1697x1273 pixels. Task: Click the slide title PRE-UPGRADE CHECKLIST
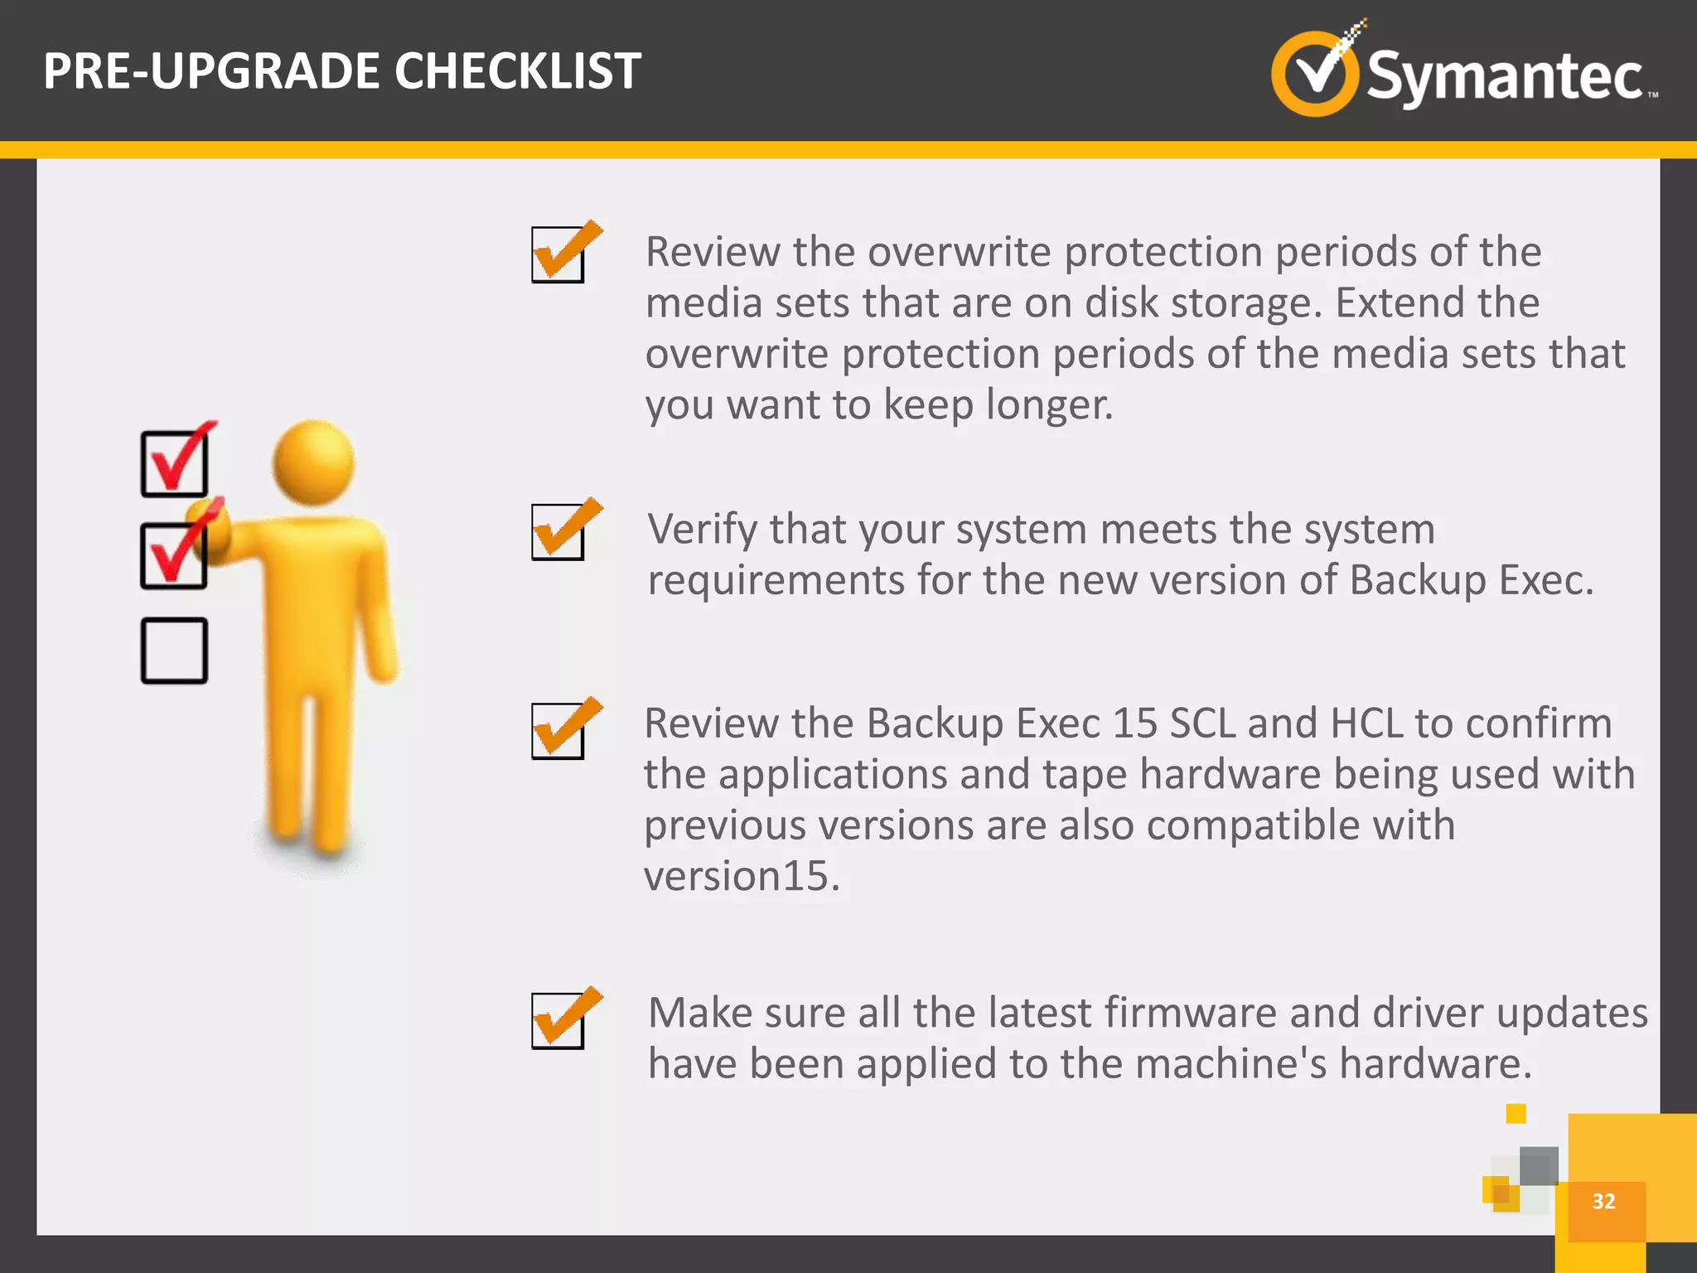pyautogui.click(x=341, y=71)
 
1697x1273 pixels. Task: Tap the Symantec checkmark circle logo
pyautogui.click(x=1314, y=73)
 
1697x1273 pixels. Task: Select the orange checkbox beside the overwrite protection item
pyautogui.click(x=558, y=254)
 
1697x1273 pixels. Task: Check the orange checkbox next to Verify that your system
pyautogui.click(x=558, y=531)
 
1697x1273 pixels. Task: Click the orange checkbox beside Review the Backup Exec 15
pyautogui.click(x=558, y=730)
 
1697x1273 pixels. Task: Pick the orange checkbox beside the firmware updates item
pyautogui.click(x=558, y=1020)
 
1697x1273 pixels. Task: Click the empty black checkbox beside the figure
pyautogui.click(x=174, y=651)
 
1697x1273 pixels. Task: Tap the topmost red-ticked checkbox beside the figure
pyautogui.click(x=174, y=463)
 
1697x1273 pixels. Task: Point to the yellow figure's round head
pyautogui.click(x=313, y=462)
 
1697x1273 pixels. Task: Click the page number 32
pyautogui.click(x=1603, y=1202)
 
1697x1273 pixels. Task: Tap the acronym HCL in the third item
pyautogui.click(x=1366, y=724)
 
